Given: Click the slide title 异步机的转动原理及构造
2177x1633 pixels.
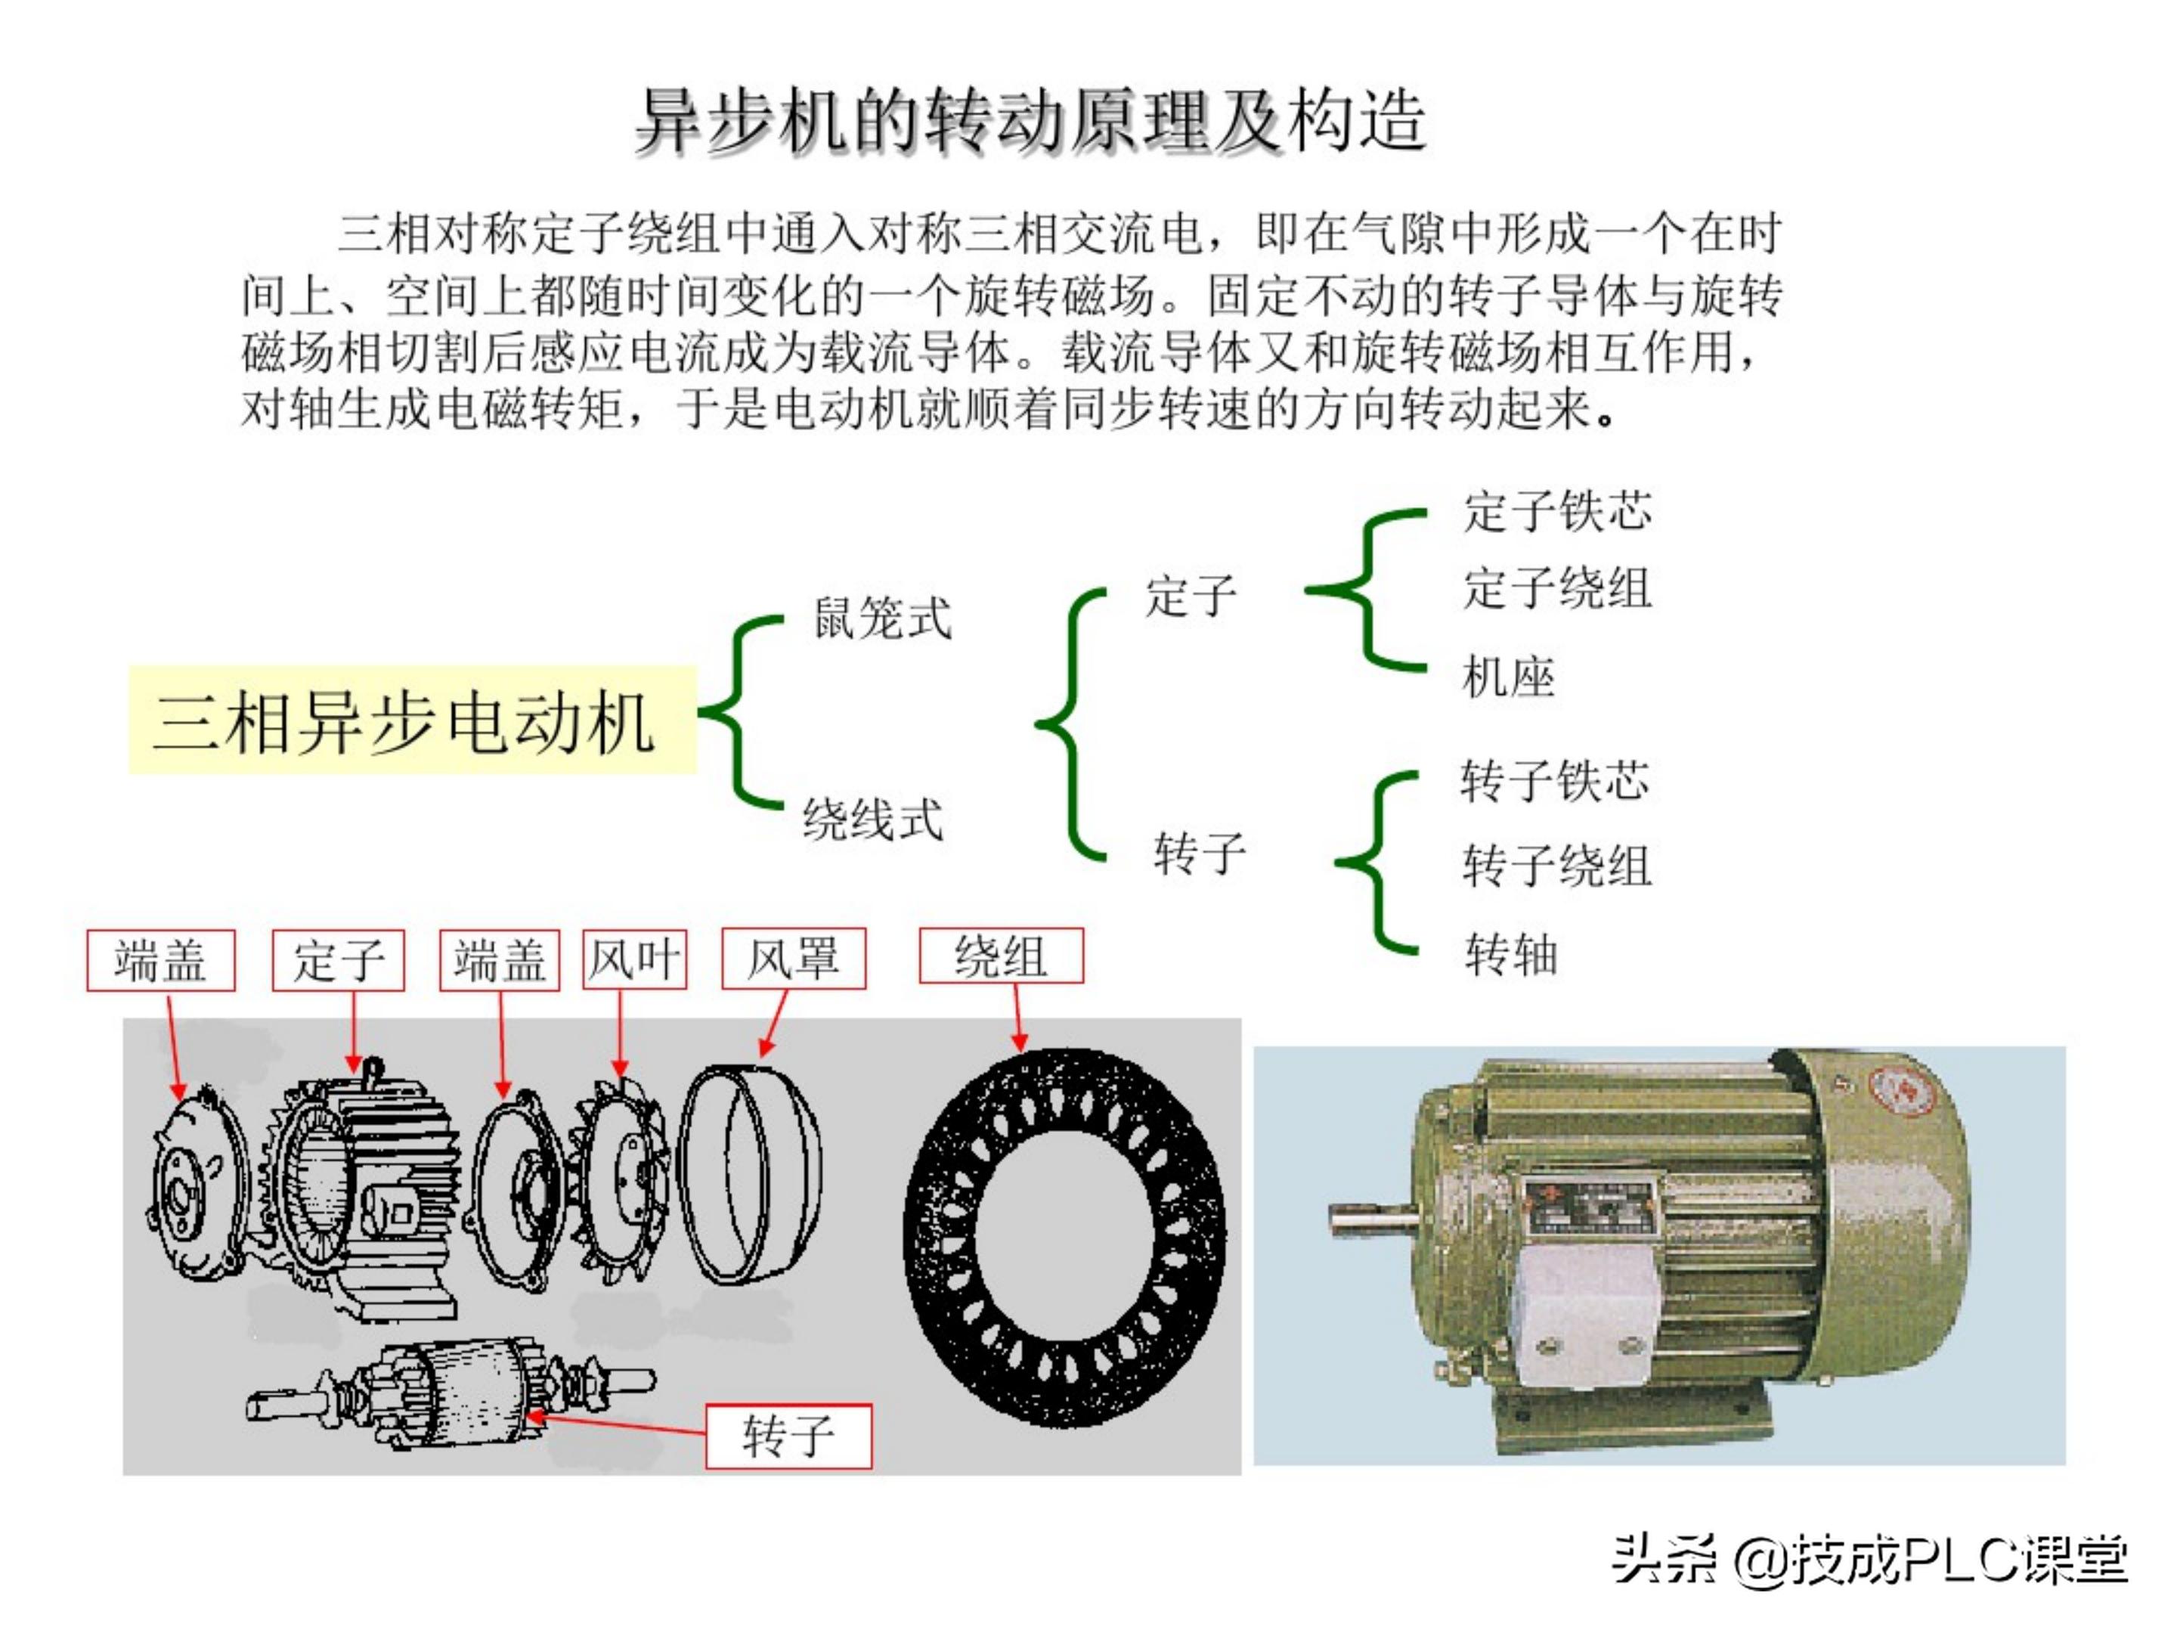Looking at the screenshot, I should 1030,122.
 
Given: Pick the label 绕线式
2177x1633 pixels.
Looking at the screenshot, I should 872,819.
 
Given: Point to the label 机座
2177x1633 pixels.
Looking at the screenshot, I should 1508,677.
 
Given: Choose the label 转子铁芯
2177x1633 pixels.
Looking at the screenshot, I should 1554,780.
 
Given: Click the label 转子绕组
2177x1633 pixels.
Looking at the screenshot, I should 1556,866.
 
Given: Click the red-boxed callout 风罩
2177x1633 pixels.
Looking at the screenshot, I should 793,959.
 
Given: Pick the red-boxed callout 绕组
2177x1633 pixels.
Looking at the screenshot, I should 1001,956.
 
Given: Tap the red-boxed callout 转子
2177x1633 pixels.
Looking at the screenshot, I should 788,1436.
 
